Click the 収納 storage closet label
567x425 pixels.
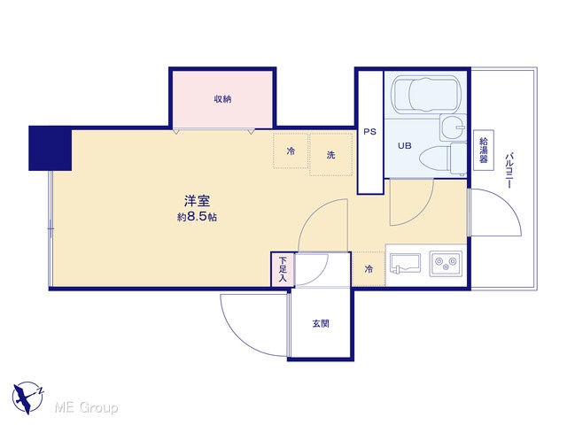(x=222, y=98)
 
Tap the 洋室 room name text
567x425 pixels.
(x=197, y=201)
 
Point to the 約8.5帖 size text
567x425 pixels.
(x=197, y=217)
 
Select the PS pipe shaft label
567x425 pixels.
(x=370, y=132)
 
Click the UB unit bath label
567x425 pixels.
(x=405, y=145)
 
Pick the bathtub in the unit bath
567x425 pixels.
(x=427, y=95)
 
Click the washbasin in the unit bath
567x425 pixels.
(x=453, y=127)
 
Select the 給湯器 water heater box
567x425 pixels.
(x=484, y=150)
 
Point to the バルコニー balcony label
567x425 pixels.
(x=509, y=171)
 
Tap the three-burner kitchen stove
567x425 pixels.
(x=446, y=264)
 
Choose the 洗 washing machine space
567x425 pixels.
(x=330, y=155)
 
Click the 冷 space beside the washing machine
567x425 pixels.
(x=291, y=151)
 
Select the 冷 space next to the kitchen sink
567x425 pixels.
(x=369, y=269)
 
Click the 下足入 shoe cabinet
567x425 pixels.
(x=283, y=269)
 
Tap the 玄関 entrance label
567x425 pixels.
(x=321, y=323)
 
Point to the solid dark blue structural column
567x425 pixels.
(x=50, y=148)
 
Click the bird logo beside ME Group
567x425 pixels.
(x=27, y=398)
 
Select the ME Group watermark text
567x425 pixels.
(x=86, y=407)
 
